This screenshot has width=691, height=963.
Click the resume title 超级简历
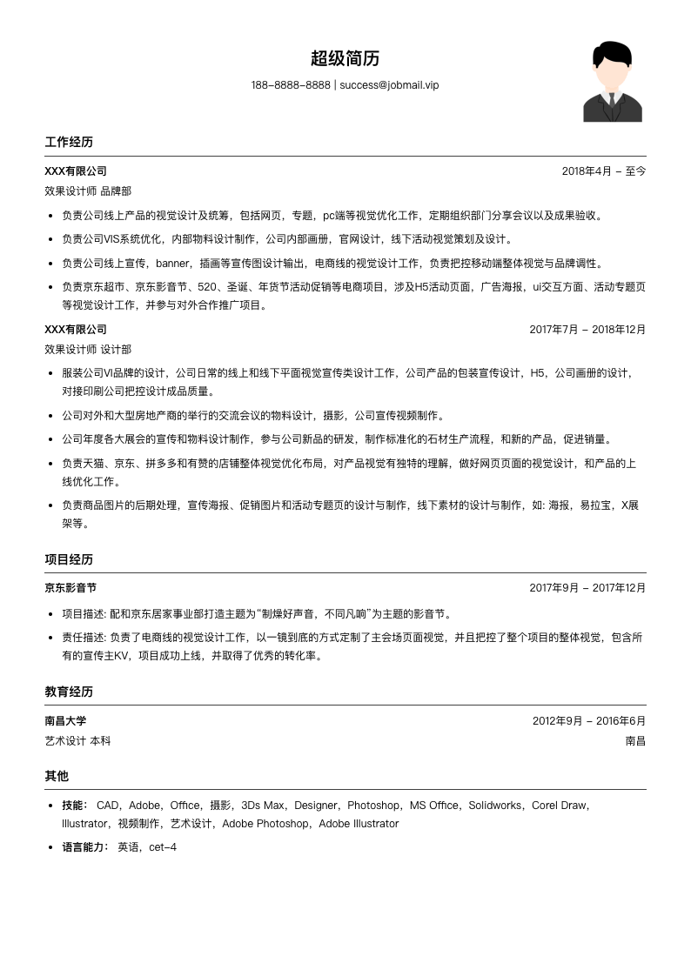[345, 59]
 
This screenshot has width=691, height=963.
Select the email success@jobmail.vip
[389, 85]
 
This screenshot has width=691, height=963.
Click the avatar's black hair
[612, 53]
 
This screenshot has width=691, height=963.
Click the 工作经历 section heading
[69, 142]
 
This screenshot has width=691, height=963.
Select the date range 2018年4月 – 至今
[603, 171]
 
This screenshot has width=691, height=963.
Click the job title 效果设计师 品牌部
[88, 191]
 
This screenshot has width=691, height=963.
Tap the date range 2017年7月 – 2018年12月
[587, 330]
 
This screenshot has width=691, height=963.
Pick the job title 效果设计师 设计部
[88, 349]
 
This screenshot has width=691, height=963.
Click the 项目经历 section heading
[69, 559]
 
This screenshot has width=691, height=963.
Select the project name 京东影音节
[70, 588]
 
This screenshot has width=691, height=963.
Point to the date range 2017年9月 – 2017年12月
[587, 588]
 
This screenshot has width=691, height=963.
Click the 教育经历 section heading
[69, 692]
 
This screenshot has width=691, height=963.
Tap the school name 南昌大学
[65, 720]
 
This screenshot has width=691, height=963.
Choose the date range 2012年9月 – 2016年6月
[589, 720]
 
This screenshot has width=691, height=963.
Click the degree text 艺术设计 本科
[77, 741]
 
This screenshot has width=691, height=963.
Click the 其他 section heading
[57, 776]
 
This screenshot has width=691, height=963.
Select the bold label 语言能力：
[86, 847]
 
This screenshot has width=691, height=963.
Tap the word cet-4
[163, 847]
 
